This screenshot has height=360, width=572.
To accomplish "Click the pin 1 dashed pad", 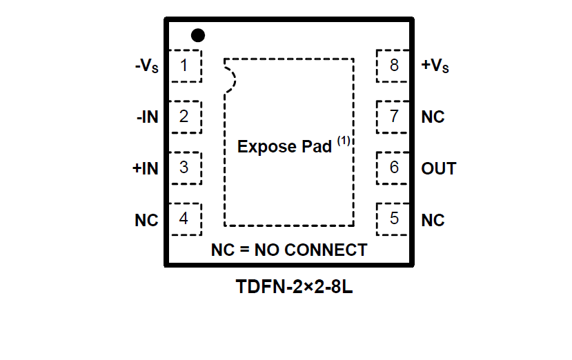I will tap(185, 66).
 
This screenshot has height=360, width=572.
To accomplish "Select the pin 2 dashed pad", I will tap(185, 117).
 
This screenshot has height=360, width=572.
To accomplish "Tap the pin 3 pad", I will tap(185, 168).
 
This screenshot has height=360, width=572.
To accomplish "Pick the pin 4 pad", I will tap(185, 219).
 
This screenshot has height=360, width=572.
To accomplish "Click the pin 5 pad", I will tap(393, 219).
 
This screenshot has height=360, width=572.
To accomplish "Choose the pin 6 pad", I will tap(393, 168).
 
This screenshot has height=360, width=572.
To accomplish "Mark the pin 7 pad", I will tap(393, 117).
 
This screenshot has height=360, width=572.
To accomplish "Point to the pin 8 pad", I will tap(393, 66).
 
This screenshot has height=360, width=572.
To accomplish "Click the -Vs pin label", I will tap(146, 66).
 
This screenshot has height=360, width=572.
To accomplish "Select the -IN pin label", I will tap(147, 117).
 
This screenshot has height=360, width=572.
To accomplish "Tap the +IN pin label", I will tap(146, 168).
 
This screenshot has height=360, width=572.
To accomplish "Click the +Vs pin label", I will tap(436, 66).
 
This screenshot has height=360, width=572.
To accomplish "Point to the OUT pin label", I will tap(439, 168).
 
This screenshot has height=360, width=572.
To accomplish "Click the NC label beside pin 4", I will tap(146, 221).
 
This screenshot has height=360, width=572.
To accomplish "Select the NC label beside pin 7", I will tap(433, 117).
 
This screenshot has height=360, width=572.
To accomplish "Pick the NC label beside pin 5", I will tap(433, 221).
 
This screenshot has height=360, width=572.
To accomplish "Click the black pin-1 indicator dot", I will tap(198, 34).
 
